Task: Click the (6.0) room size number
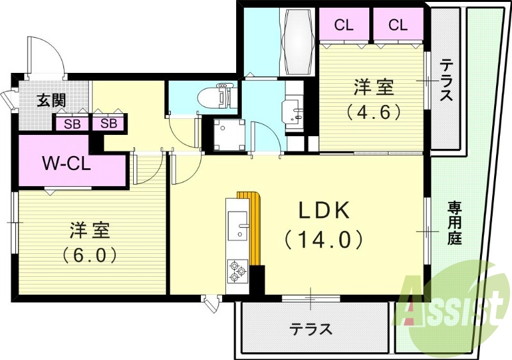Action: pos(90,255)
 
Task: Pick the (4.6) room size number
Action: pos(374,111)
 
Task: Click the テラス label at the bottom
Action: pos(312,330)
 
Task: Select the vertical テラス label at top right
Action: pos(446,80)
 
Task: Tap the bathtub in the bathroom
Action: pos(295,42)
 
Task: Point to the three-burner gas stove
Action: pos(236,271)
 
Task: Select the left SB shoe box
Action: pos(72,123)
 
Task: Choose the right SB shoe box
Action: pos(108,123)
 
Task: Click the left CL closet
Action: pos(344,26)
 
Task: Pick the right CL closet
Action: pos(397,26)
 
